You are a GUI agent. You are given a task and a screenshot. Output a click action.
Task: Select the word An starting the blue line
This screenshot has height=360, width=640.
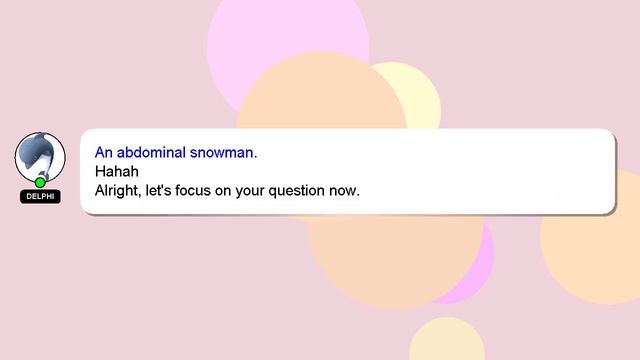pos(104,153)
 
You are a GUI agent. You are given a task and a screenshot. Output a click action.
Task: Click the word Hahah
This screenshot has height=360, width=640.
pos(115,171)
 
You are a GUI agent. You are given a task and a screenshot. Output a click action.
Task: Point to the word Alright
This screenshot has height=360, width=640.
pos(118,189)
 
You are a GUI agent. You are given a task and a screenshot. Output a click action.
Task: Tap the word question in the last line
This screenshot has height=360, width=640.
pos(298,189)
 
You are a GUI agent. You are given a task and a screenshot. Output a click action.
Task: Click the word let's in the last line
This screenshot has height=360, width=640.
pos(164,189)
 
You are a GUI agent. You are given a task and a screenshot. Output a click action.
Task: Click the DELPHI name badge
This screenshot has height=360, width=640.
pos(40,197)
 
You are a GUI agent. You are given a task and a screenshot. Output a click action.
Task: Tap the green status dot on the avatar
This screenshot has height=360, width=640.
pos(40,183)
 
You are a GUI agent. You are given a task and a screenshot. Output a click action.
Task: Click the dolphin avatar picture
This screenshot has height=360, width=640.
pos(39,157)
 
